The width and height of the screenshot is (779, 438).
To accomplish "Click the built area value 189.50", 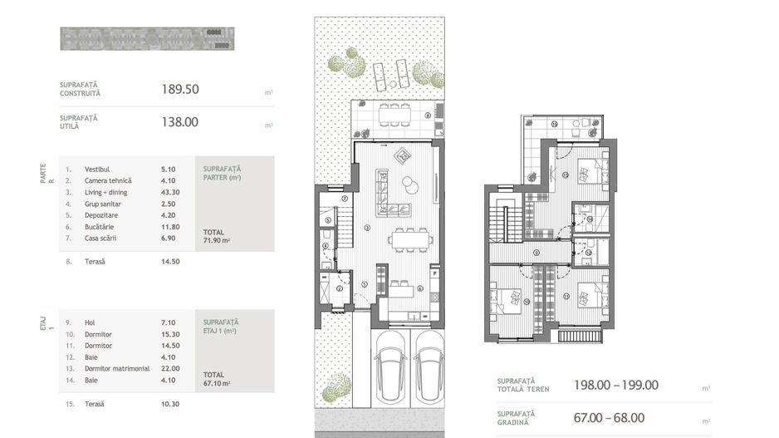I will pos(180,89).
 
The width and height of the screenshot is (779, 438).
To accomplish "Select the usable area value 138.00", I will pos(179,121).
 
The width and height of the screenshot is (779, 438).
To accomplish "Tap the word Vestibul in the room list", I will pos(97,169).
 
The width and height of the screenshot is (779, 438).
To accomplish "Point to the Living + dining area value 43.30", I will pos(170,192).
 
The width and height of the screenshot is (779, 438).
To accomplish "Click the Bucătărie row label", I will pos(100,226).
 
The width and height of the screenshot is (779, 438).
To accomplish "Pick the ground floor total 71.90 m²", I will pos(217,240).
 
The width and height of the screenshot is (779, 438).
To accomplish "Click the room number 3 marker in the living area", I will pos(366,228).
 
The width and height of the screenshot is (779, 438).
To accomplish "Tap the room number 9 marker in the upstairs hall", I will pos(536,253).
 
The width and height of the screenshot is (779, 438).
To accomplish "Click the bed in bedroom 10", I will pos(507,297).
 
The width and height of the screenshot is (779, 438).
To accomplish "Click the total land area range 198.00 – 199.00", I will pos(616,385).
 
